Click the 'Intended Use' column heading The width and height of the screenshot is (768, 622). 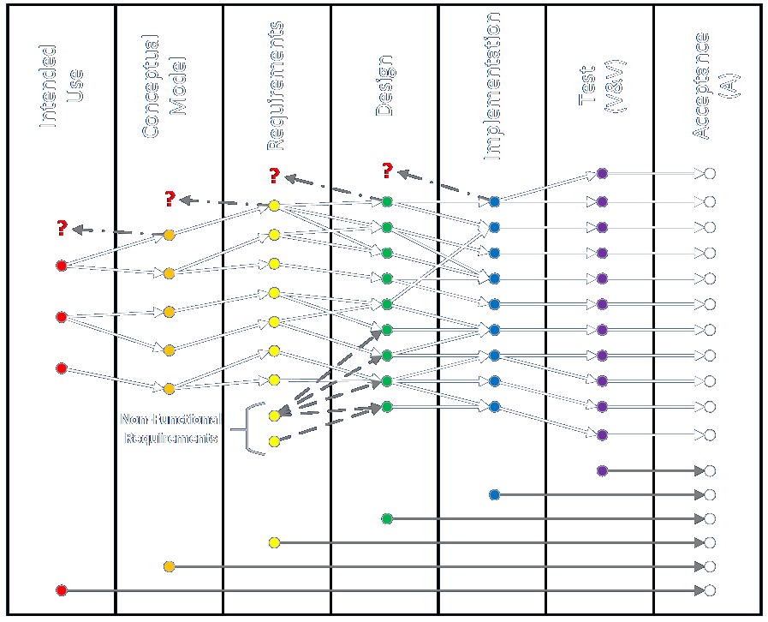pyautogui.click(x=62, y=87)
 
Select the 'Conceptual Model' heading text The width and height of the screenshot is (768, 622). pyautogui.click(x=164, y=87)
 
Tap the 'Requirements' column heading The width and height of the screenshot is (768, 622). pyautogui.click(x=275, y=85)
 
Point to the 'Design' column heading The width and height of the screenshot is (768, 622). pyautogui.click(x=385, y=87)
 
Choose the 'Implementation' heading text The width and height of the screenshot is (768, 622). pyautogui.click(x=492, y=87)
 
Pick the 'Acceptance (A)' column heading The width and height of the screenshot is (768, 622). pyautogui.click(x=714, y=85)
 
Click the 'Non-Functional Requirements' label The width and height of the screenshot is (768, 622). pyautogui.click(x=171, y=428)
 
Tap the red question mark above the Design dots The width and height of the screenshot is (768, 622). pyautogui.click(x=387, y=170)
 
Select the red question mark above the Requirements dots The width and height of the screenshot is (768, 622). pyautogui.click(x=274, y=176)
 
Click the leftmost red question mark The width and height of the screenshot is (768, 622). pyautogui.click(x=62, y=228)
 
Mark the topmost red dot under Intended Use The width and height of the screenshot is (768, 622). pyautogui.click(x=61, y=266)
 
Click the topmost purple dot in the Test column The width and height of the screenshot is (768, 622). pyautogui.click(x=602, y=173)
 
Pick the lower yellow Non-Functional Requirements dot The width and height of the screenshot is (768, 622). pyautogui.click(x=274, y=441)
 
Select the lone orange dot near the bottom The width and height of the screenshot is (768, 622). pyautogui.click(x=169, y=566)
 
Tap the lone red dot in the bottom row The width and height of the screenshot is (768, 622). pyautogui.click(x=61, y=590)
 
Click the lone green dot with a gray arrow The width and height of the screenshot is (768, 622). pyautogui.click(x=387, y=518)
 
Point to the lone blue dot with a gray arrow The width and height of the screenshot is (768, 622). pyautogui.click(x=495, y=494)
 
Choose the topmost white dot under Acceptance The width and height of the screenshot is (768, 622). pyautogui.click(x=710, y=174)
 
